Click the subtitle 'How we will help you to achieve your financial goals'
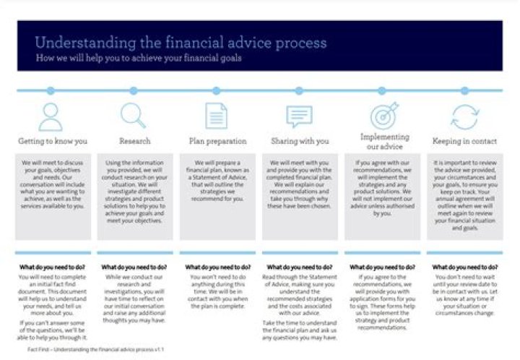click(139, 58)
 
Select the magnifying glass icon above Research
click(133, 116)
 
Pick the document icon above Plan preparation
click(215, 116)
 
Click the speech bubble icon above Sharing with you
click(298, 116)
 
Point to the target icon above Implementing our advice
click(383, 116)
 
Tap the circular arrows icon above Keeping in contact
click(464, 116)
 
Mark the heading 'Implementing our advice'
click(383, 140)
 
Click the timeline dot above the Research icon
click(133, 91)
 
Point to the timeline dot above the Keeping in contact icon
click(464, 91)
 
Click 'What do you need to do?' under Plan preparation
click(215, 266)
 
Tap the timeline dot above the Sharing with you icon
click(298, 91)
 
